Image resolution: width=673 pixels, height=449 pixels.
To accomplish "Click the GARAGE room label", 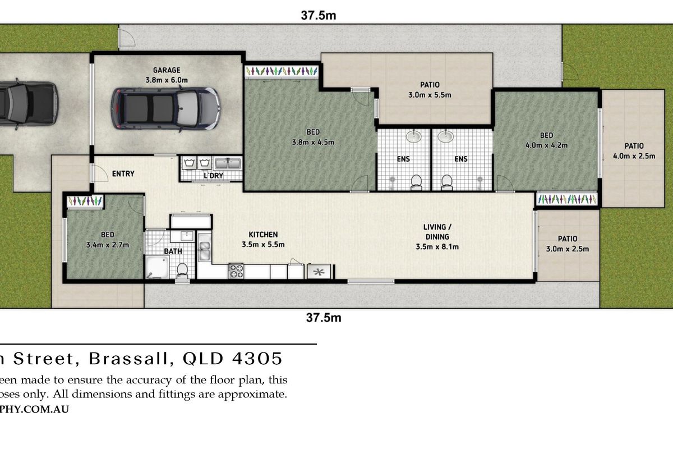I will tap(167, 70).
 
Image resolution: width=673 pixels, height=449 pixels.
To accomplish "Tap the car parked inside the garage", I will tap(165, 108).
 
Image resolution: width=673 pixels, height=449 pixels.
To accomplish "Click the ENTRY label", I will tap(123, 173).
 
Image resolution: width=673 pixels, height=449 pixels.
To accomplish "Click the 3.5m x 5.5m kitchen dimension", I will tap(263, 244).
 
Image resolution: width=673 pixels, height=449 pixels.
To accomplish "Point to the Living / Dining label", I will tap(437, 232).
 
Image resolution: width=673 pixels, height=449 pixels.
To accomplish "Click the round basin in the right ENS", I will tap(446, 136).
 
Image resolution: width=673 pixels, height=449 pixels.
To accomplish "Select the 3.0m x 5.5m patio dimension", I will tap(430, 95).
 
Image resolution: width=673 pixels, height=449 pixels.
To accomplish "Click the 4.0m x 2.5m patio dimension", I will tap(634, 156).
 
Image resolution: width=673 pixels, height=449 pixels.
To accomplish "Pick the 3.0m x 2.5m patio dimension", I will tap(568, 249).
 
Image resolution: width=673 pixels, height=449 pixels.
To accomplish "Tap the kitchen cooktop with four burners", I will tap(236, 272).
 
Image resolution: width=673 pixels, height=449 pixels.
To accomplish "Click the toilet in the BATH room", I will tap(182, 271).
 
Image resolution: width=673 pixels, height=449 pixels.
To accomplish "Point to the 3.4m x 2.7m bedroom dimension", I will tap(108, 245).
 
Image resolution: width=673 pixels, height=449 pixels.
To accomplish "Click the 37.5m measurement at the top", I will tap(319, 16).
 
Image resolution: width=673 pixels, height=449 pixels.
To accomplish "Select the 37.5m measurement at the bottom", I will tap(324, 318).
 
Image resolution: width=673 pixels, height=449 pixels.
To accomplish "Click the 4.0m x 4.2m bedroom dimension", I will tap(546, 145).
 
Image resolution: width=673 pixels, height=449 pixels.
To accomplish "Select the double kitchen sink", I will tap(204, 251).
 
